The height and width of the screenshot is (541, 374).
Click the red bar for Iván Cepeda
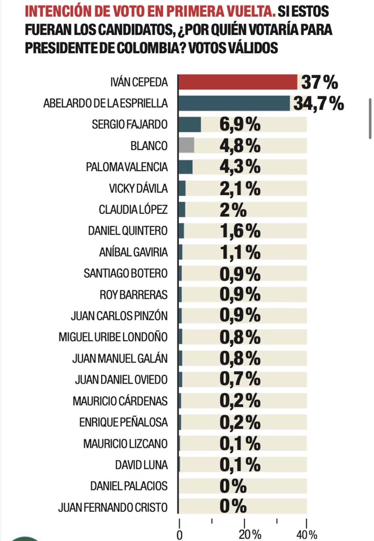click(x=238, y=83)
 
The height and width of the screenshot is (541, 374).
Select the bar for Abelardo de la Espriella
click(x=234, y=103)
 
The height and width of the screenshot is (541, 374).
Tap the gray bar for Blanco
click(x=186, y=145)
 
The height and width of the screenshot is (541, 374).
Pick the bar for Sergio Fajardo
click(x=189, y=124)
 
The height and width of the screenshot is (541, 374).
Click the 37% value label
click(x=319, y=83)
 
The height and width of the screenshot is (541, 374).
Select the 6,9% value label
click(x=240, y=124)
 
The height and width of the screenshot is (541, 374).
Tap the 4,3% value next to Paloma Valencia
click(x=240, y=167)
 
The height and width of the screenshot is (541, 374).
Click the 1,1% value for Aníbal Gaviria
click(x=240, y=252)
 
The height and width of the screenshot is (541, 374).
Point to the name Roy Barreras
click(x=134, y=295)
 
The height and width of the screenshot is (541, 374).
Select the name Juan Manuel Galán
click(x=120, y=358)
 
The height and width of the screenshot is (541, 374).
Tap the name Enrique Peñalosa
click(x=123, y=422)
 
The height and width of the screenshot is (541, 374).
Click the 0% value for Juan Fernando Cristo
click(x=233, y=507)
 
